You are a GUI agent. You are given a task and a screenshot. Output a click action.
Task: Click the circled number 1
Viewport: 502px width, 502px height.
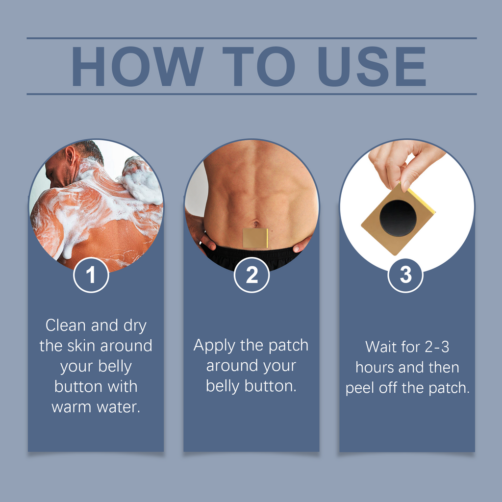coord(91,275)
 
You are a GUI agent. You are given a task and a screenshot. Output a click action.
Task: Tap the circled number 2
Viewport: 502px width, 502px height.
coord(251,275)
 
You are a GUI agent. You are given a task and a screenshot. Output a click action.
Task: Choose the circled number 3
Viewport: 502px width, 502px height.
coord(405,275)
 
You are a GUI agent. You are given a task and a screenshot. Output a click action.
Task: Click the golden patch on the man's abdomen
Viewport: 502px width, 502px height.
coord(255,238)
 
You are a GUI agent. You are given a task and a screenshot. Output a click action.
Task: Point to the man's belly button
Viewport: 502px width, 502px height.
coord(256,225)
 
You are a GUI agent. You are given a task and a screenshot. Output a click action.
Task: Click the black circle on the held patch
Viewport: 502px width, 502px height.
coord(398,218)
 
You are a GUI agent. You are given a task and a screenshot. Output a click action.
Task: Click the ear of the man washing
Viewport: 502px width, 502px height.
coord(71,156)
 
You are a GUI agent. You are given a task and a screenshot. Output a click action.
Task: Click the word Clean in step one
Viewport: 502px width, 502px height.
coord(66,326)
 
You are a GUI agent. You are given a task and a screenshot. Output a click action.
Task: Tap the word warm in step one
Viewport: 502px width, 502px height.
coord(70,407)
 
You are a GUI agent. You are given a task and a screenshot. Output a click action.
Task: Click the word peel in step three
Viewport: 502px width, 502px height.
coord(359,388)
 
